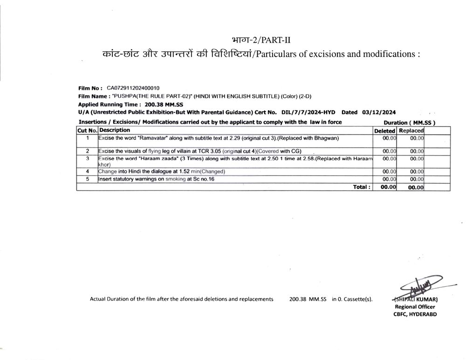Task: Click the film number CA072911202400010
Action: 133,88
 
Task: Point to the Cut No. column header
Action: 87,131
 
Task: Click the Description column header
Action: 115,130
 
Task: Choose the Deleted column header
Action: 384,131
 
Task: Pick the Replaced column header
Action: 411,131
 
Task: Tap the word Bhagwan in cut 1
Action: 325,138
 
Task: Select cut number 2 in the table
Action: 87,151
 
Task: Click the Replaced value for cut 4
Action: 417,171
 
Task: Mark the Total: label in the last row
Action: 362,187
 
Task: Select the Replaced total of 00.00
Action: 416,187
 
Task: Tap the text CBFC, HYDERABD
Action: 415,314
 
